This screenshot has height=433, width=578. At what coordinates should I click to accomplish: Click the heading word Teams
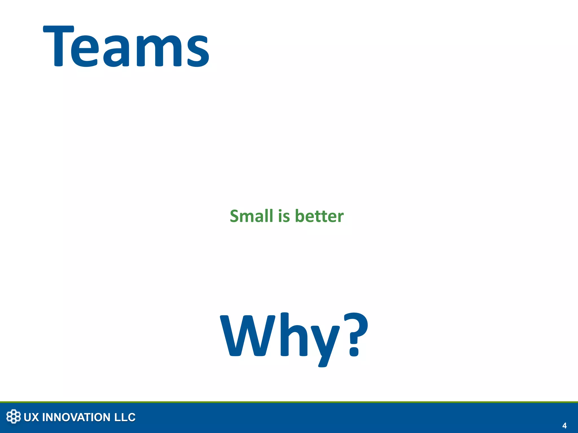pos(126,47)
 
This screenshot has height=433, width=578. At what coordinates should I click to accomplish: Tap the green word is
pos(284,216)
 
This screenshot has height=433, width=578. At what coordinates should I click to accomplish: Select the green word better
pos(319,216)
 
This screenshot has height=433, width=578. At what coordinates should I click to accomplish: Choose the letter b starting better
pos(300,216)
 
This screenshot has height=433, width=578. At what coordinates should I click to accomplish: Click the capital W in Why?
pos(248,335)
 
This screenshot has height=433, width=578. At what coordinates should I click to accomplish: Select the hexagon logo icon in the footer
pos(14,416)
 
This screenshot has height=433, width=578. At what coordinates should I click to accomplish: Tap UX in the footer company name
pos(31,417)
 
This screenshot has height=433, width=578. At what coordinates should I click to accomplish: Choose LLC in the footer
pos(125,417)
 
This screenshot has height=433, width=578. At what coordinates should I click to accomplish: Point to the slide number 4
pos(564,425)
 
